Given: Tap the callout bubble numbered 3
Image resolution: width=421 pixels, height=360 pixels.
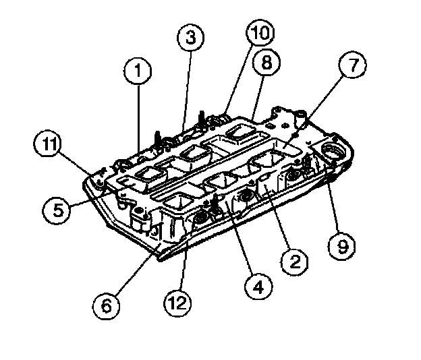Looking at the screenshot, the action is (192, 38).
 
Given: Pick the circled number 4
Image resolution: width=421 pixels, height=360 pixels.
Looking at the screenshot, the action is (258, 286).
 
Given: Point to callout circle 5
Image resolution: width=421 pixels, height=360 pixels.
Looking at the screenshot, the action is (58, 210).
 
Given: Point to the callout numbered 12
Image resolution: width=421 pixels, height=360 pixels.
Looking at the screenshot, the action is (175, 302).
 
